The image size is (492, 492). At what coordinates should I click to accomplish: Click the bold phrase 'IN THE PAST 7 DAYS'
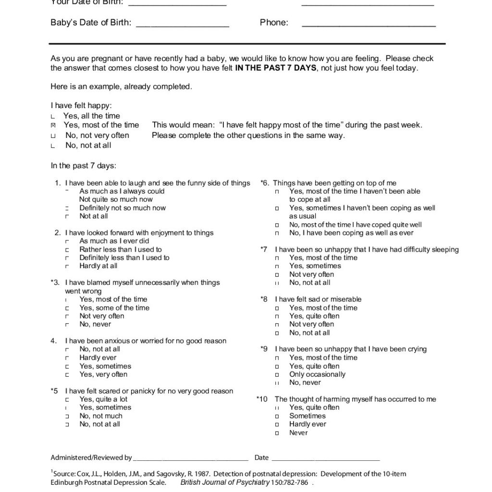tap(276, 68)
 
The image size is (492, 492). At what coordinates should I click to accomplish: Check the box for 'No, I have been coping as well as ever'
tap(277, 233)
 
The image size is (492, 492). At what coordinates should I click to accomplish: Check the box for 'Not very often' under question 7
tap(277, 275)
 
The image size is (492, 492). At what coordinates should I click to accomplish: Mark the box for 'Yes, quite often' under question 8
tap(277, 316)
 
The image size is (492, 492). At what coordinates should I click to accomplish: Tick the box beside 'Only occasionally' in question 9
tap(277, 375)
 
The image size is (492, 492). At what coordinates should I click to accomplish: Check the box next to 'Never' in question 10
tap(277, 433)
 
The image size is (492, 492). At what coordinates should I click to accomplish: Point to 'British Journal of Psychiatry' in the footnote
tap(225, 482)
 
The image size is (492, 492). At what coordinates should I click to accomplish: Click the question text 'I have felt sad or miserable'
tap(318, 299)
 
